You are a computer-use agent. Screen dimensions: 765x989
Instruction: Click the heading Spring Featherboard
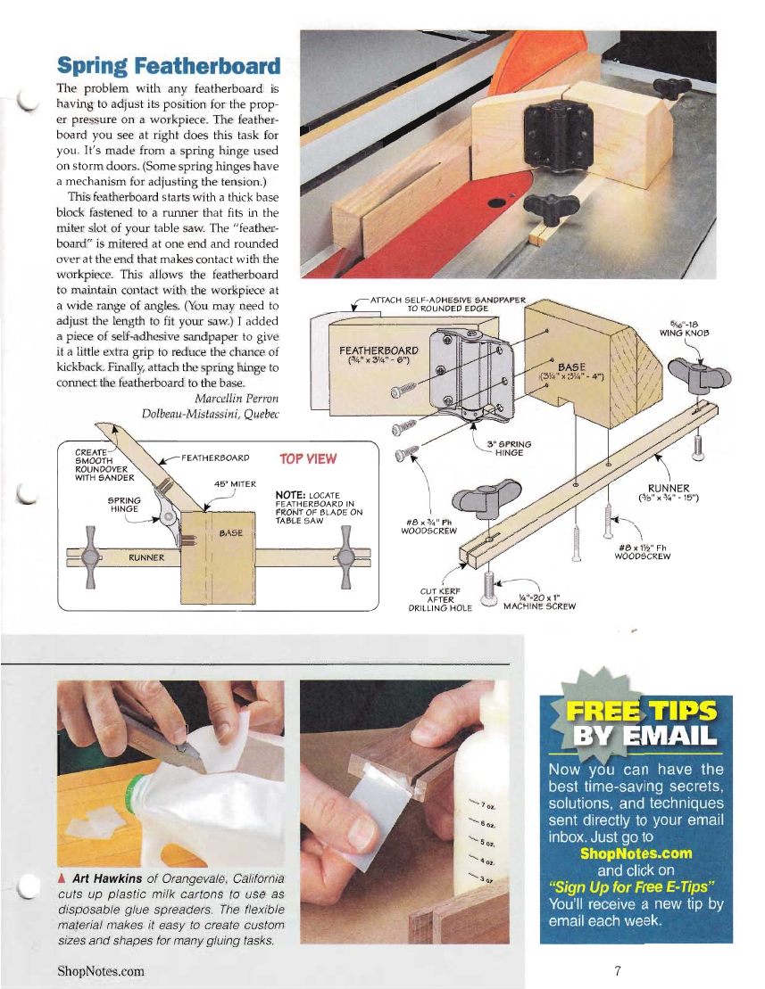click(x=169, y=66)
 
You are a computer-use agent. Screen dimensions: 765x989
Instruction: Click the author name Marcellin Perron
click(x=236, y=399)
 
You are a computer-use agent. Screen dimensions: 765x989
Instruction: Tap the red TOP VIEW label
click(x=308, y=459)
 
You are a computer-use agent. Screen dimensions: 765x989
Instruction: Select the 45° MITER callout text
click(x=235, y=483)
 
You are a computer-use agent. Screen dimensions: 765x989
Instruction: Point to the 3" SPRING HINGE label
click(x=509, y=449)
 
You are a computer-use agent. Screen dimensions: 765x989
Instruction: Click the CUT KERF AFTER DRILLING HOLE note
click(x=440, y=600)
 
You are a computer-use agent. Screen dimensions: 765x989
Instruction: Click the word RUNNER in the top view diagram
click(x=146, y=557)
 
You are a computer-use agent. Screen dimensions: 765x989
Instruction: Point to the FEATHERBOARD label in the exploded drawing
click(x=378, y=350)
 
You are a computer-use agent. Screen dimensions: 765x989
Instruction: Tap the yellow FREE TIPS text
click(x=641, y=711)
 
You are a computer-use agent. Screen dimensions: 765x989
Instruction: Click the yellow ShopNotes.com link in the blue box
click(x=636, y=853)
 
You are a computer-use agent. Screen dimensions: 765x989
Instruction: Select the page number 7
click(x=618, y=970)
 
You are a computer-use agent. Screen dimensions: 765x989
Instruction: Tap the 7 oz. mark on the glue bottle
click(x=488, y=806)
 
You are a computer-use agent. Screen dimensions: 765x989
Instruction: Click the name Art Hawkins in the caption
click(x=106, y=878)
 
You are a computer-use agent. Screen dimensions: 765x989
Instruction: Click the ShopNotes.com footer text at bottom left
click(x=100, y=970)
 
